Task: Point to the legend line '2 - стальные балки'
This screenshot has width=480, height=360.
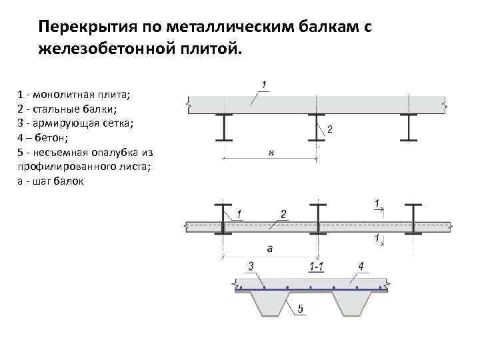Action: click(x=67, y=109)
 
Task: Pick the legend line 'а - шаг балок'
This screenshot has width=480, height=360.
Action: click(x=50, y=181)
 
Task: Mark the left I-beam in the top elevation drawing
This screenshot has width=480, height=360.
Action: click(x=224, y=127)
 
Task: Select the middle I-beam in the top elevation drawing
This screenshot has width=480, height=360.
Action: click(x=316, y=127)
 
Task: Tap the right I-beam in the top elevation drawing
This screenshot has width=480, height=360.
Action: click(x=408, y=127)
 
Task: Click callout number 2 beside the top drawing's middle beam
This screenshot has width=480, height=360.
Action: click(x=330, y=129)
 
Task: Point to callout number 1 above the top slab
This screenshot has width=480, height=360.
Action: click(x=264, y=84)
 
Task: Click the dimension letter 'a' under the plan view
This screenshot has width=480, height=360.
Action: click(x=269, y=249)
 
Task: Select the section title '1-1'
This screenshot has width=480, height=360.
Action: click(x=317, y=267)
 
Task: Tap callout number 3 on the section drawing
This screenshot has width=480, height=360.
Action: click(x=251, y=267)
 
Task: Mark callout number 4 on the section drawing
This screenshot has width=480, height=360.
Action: click(x=360, y=267)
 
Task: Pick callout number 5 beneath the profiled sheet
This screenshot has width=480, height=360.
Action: click(x=301, y=309)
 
